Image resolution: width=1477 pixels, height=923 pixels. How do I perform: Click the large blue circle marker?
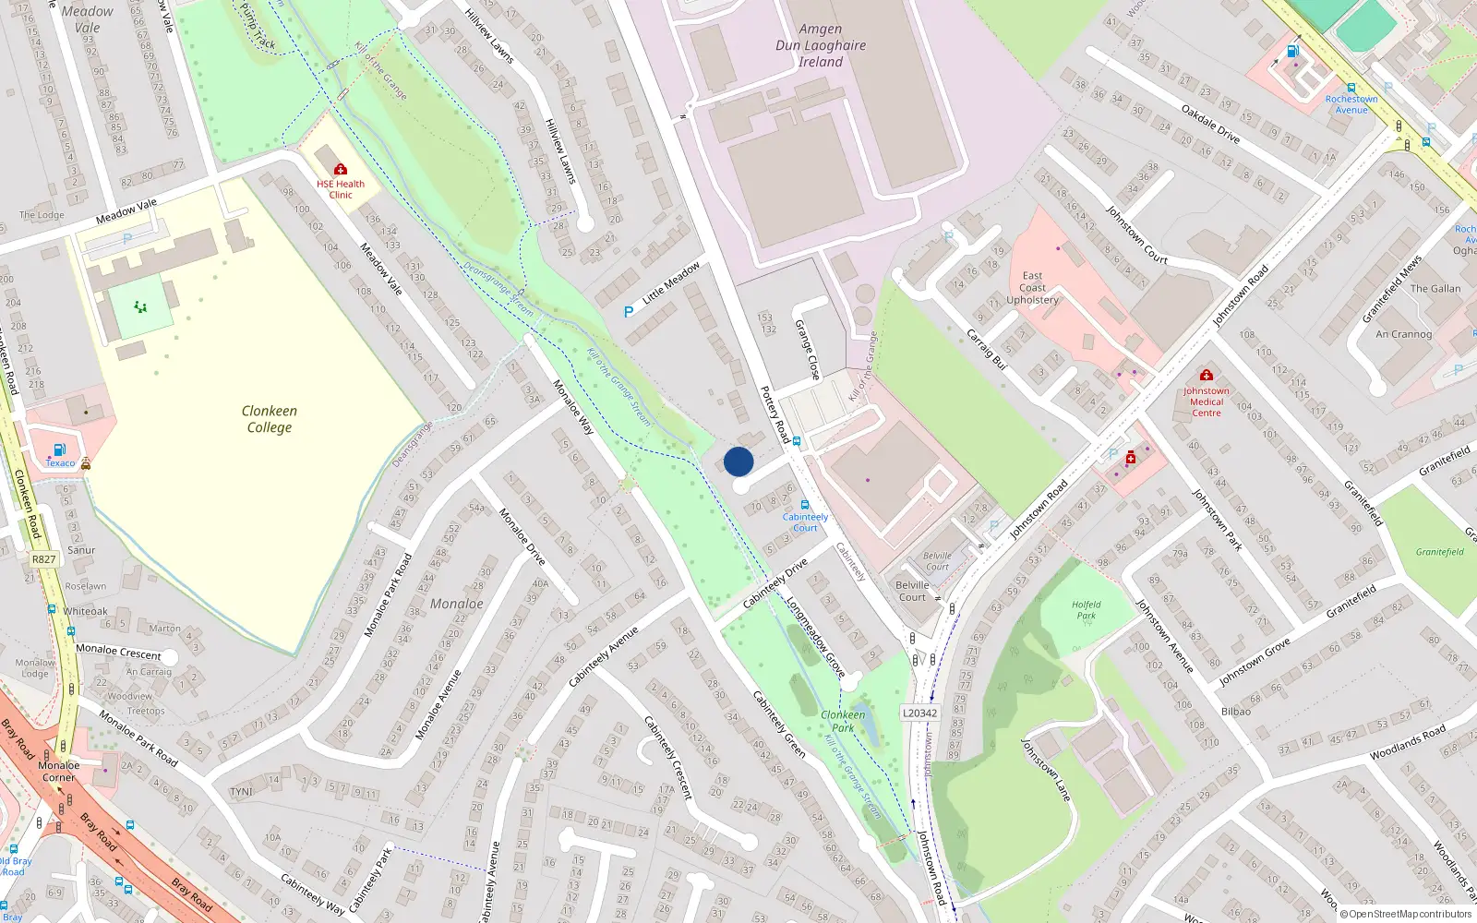[x=738, y=461]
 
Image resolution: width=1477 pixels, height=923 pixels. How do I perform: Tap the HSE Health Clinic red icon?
[x=341, y=169]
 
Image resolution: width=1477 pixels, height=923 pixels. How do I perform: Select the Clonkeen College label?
[x=269, y=419]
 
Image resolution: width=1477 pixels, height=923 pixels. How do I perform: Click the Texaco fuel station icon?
[x=60, y=450]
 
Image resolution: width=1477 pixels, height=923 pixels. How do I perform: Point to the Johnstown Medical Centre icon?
[x=1206, y=375]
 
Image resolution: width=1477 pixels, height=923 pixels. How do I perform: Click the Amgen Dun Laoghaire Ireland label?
[x=821, y=45]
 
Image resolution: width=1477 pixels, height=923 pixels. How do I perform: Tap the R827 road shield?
[x=43, y=559]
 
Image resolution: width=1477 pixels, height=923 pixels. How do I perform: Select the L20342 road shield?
[x=919, y=713]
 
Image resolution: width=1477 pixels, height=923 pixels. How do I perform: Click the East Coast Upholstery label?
[x=1032, y=288]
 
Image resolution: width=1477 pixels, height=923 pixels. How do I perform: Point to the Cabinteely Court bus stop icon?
[x=805, y=505]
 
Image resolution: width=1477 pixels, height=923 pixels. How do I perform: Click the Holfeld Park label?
[x=1087, y=610]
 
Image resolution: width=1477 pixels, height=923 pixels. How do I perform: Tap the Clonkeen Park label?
[x=843, y=721]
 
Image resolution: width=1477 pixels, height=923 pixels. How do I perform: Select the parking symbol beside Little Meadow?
[x=629, y=312]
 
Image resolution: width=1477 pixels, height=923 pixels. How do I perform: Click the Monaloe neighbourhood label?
[x=457, y=604]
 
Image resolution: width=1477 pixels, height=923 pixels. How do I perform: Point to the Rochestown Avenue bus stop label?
[x=1351, y=104]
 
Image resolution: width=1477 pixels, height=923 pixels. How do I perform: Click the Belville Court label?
[x=912, y=591]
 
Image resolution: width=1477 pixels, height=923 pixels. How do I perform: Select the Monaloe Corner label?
[x=58, y=771]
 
